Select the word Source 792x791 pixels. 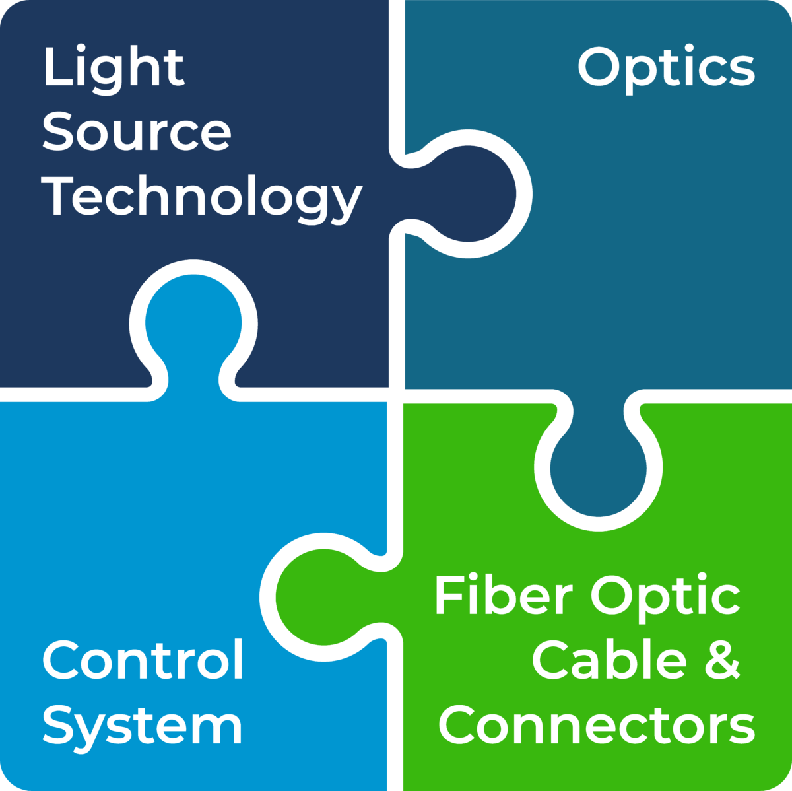click(x=136, y=132)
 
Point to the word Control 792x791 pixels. click(x=143, y=660)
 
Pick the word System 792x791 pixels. click(x=143, y=726)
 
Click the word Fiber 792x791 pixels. click(x=503, y=596)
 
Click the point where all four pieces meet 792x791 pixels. click(x=395, y=395)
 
